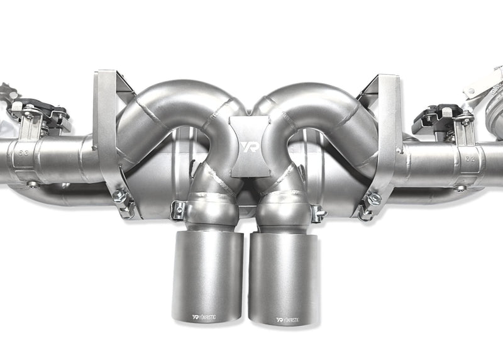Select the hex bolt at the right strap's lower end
point(375,199)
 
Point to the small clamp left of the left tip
point(178,210)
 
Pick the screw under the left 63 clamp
point(32,184)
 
